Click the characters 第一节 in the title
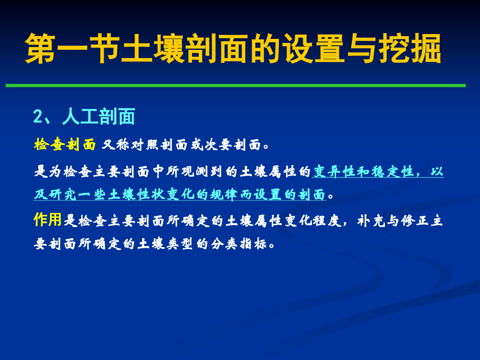click(x=73, y=48)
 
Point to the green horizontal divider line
click(x=235, y=85)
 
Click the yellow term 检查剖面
click(x=65, y=144)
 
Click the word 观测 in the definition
click(x=195, y=171)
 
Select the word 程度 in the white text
click(x=327, y=220)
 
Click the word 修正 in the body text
click(x=415, y=220)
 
